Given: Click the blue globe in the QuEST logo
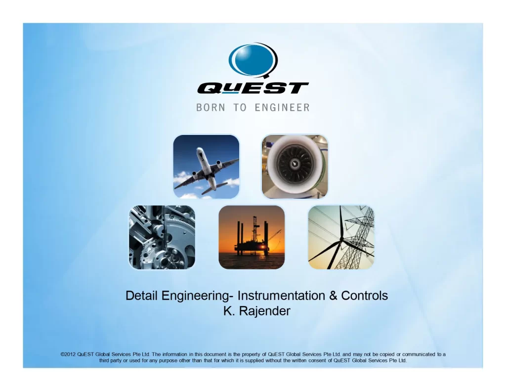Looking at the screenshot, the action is [253, 60].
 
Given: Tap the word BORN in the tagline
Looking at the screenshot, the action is [211, 108].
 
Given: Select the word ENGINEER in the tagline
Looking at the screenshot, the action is [282, 108].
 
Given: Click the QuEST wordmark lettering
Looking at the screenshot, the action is [253, 88].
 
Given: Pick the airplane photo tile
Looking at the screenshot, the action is [206, 167].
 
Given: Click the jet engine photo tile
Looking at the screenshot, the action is [295, 167].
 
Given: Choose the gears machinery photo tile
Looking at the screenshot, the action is [162, 237].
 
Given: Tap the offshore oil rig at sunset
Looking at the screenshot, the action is [252, 237].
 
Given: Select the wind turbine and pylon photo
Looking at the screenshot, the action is [341, 237].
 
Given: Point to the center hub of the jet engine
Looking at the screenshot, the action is [295, 164].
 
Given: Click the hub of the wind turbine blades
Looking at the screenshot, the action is [341, 239].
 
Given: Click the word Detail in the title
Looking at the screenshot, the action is [142, 296].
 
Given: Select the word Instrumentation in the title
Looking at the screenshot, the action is [281, 296].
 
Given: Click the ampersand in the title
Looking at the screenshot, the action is [333, 296].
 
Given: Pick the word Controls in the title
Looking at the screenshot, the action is [364, 296].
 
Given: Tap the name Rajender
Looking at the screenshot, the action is [265, 311].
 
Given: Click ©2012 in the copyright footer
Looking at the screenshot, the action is [68, 354].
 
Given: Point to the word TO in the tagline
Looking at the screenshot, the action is [240, 108].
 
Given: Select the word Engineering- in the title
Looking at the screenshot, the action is [198, 296].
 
